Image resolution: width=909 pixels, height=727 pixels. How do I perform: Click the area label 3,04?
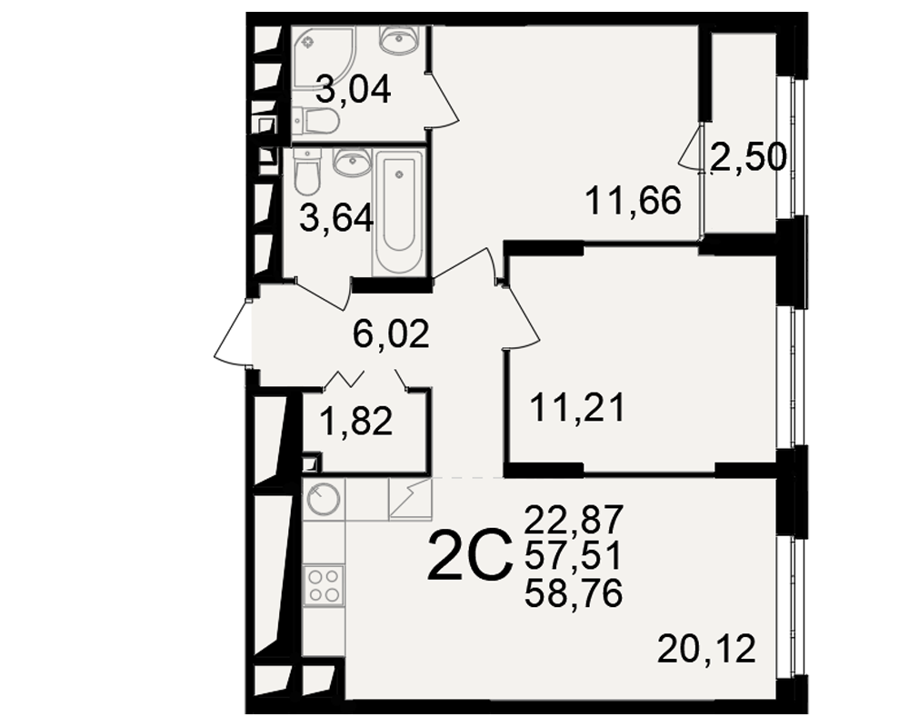354,91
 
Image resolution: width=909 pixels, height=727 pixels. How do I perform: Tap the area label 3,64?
336,220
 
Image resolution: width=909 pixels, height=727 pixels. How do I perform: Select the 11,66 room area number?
633,201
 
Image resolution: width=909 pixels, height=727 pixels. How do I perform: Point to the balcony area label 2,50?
748,157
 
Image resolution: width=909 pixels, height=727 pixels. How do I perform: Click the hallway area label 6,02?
391,334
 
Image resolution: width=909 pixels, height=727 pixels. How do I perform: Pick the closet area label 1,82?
356,421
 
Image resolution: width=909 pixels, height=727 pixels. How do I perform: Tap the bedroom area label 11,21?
578,407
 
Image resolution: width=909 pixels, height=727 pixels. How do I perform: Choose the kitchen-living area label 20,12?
706,649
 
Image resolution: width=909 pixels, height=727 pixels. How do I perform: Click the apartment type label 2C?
470,557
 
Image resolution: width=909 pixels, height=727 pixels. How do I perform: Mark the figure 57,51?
574,556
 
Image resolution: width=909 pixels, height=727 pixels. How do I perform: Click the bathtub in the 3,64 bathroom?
399,212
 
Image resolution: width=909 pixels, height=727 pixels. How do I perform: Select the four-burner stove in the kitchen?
324,585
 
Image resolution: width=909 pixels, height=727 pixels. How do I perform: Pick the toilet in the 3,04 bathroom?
316,121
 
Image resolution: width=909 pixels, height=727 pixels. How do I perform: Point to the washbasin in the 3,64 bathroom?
351,161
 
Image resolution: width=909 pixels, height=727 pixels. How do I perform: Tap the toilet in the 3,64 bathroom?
306,172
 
